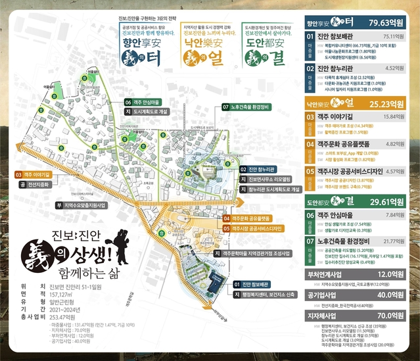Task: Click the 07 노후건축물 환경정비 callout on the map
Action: point(248,107)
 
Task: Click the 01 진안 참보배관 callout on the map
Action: point(253,284)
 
